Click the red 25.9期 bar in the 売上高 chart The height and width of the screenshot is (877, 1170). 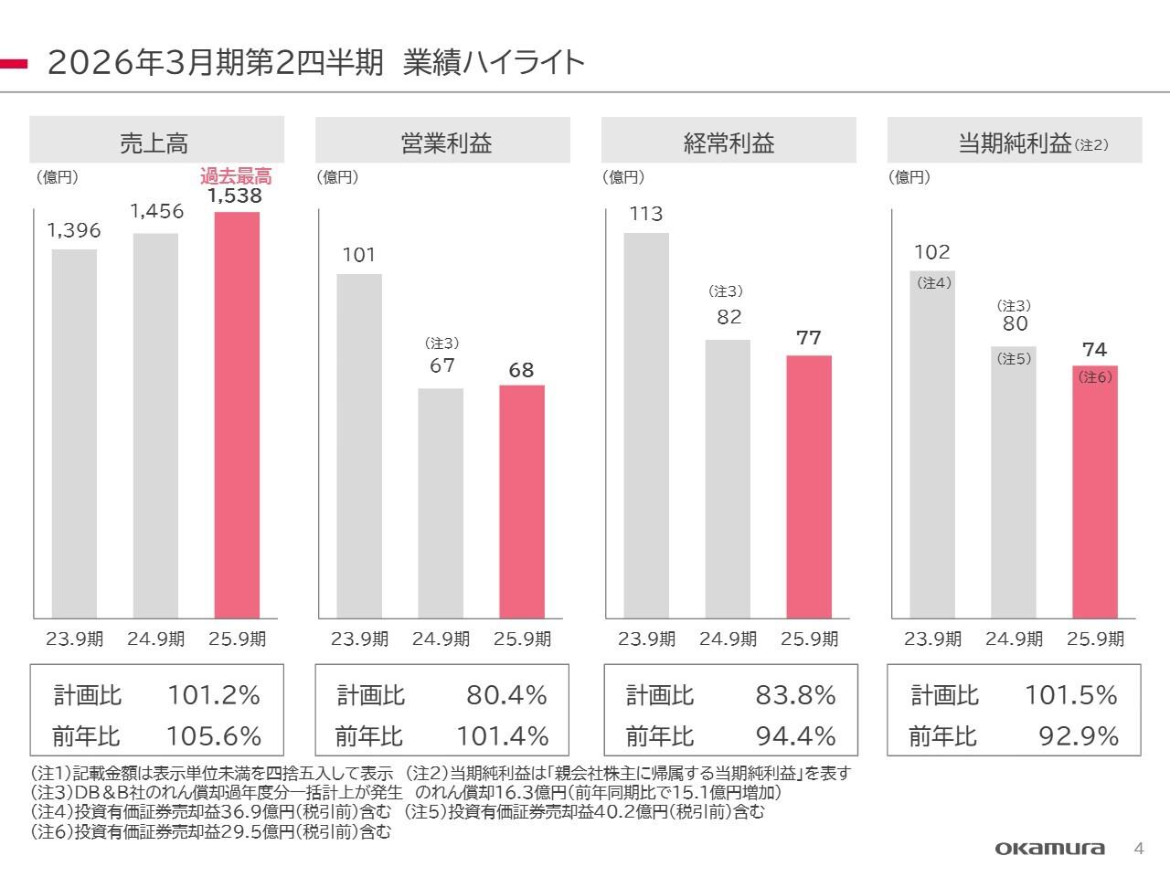click(x=237, y=416)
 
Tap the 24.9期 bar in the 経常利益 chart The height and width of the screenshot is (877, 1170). click(x=728, y=479)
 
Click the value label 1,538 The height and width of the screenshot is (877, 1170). click(x=234, y=195)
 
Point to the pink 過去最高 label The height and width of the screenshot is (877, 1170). click(x=236, y=176)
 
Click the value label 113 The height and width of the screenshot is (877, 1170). click(x=646, y=214)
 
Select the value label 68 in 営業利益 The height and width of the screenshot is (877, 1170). click(x=521, y=370)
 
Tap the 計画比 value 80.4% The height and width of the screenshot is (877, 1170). click(x=506, y=696)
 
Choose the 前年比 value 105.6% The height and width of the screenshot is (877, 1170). click(x=214, y=736)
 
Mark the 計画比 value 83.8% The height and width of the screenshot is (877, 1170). click(x=795, y=696)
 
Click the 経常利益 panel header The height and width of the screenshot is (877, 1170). click(x=729, y=143)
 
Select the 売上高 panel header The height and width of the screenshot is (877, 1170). click(x=155, y=143)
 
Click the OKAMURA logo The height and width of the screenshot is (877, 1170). click(x=1049, y=849)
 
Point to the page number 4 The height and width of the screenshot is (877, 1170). click(x=1138, y=848)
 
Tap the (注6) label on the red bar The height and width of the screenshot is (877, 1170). click(x=1095, y=376)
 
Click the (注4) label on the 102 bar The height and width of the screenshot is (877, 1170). click(x=934, y=283)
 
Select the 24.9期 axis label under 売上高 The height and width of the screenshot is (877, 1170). click(x=155, y=639)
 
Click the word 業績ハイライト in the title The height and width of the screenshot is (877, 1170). click(x=494, y=63)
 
